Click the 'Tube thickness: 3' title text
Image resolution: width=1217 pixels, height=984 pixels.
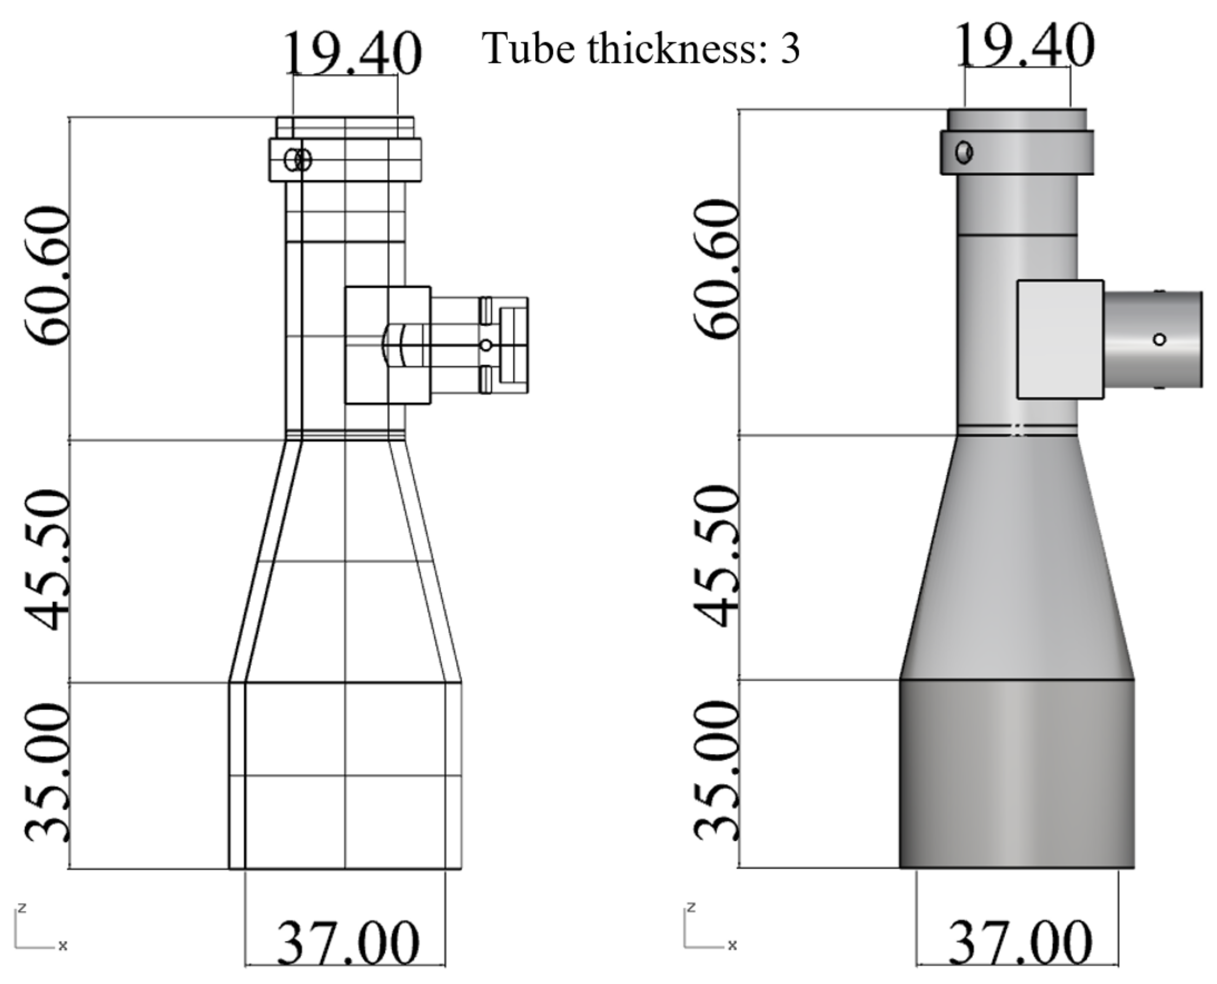pyautogui.click(x=640, y=49)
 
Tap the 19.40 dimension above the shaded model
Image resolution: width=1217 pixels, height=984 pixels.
pyautogui.click(x=1024, y=46)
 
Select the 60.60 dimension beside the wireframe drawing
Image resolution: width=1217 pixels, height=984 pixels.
pyautogui.click(x=48, y=276)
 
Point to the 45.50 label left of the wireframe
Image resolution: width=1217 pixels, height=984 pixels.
pyautogui.click(x=48, y=561)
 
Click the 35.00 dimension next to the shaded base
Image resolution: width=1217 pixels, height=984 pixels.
pyautogui.click(x=717, y=771)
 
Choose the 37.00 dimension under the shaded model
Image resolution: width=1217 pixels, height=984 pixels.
pyautogui.click(x=1020, y=943)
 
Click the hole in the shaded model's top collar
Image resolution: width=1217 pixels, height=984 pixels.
pyautogui.click(x=964, y=152)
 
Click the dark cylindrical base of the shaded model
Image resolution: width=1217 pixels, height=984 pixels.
pyautogui.click(x=1017, y=774)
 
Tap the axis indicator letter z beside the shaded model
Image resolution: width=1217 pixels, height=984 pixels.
pyautogui.click(x=691, y=907)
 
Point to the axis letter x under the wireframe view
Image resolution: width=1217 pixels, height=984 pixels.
pyautogui.click(x=63, y=946)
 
